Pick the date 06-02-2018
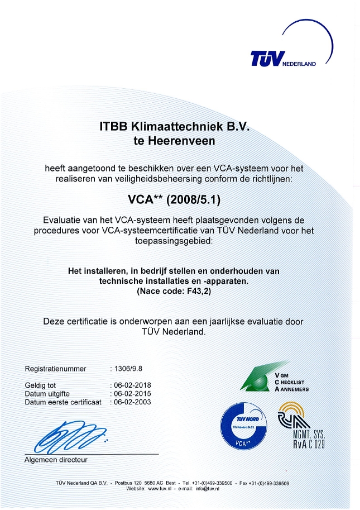pyautogui.click(x=131, y=385)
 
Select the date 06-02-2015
pyautogui.click(x=131, y=393)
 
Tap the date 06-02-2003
pyautogui.click(x=131, y=402)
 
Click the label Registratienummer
pyautogui.click(x=56, y=369)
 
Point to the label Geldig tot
pyautogui.click(x=41, y=385)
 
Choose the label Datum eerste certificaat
pyautogui.click(x=64, y=402)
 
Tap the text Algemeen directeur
pyautogui.click(x=56, y=460)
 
